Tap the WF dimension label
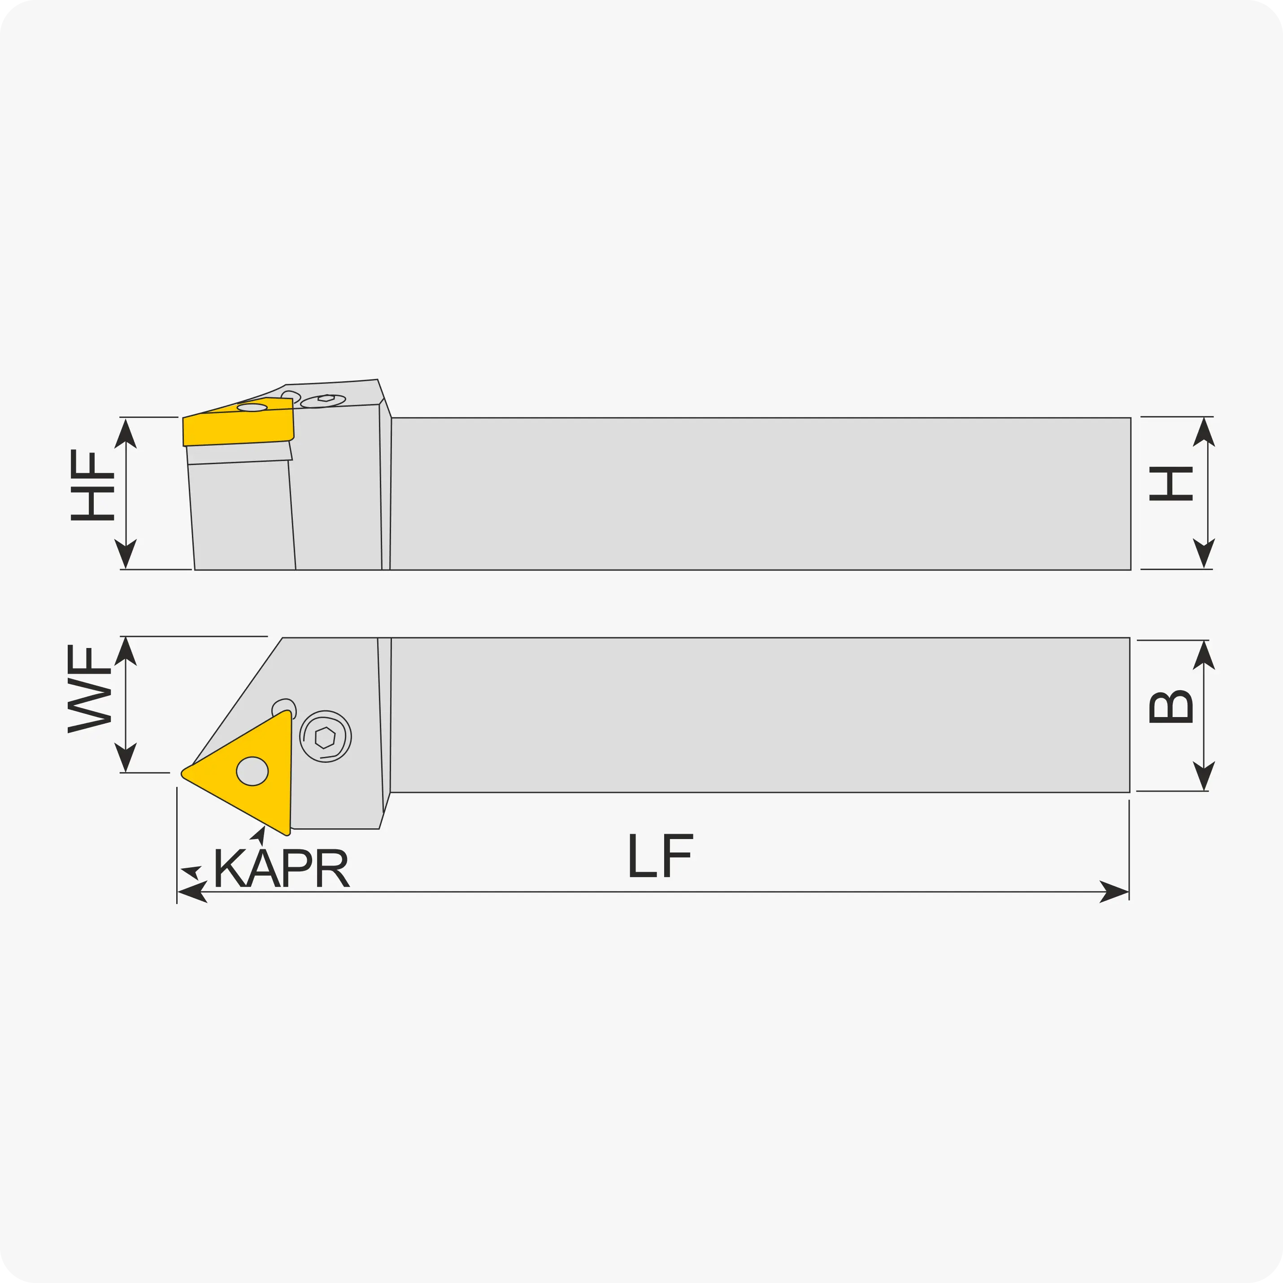click(89, 689)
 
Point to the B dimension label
click(1171, 707)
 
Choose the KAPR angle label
click(281, 867)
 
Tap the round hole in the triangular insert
click(252, 771)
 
